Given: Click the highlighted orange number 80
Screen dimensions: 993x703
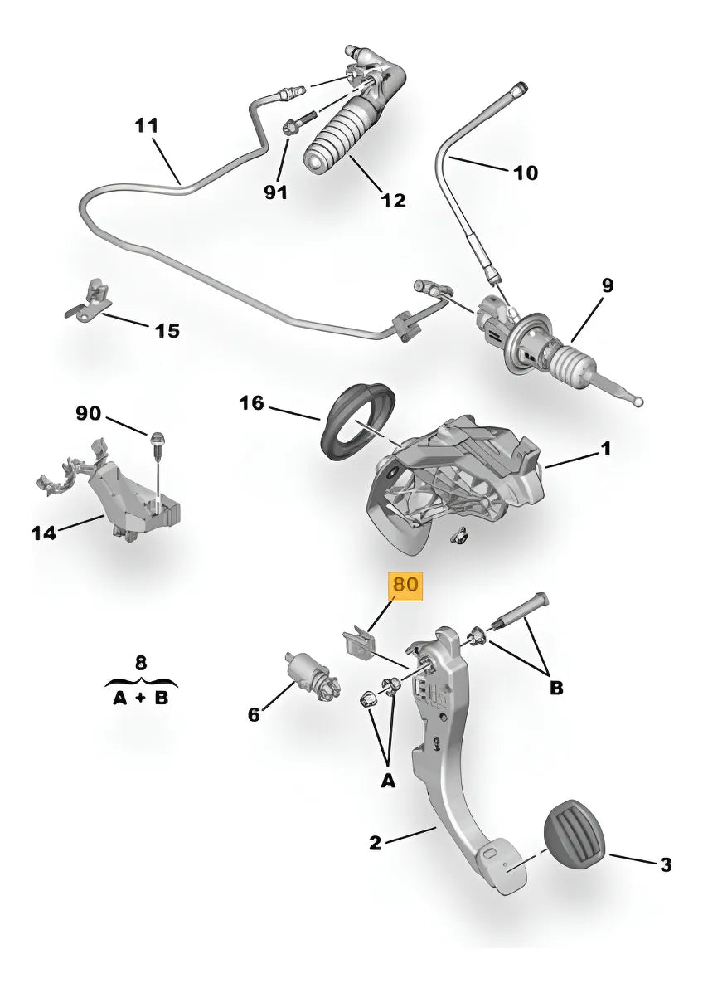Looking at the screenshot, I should coord(406,584).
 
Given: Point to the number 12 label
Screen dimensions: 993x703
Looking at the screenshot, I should coord(392,200).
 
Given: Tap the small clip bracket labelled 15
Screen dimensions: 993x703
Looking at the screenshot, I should coord(90,299).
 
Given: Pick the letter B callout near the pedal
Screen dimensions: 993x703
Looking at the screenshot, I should coord(555,688).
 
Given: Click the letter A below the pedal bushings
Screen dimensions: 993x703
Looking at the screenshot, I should coord(388,780).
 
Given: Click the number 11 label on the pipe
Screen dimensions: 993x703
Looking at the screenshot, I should coord(146,126).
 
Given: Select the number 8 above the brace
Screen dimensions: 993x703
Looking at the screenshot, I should coord(140,662).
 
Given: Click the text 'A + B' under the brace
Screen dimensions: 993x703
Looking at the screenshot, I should coord(140,699).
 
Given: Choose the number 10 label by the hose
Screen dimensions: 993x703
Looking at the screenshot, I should coord(526,173).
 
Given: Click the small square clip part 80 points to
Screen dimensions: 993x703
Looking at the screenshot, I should coord(356,641).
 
